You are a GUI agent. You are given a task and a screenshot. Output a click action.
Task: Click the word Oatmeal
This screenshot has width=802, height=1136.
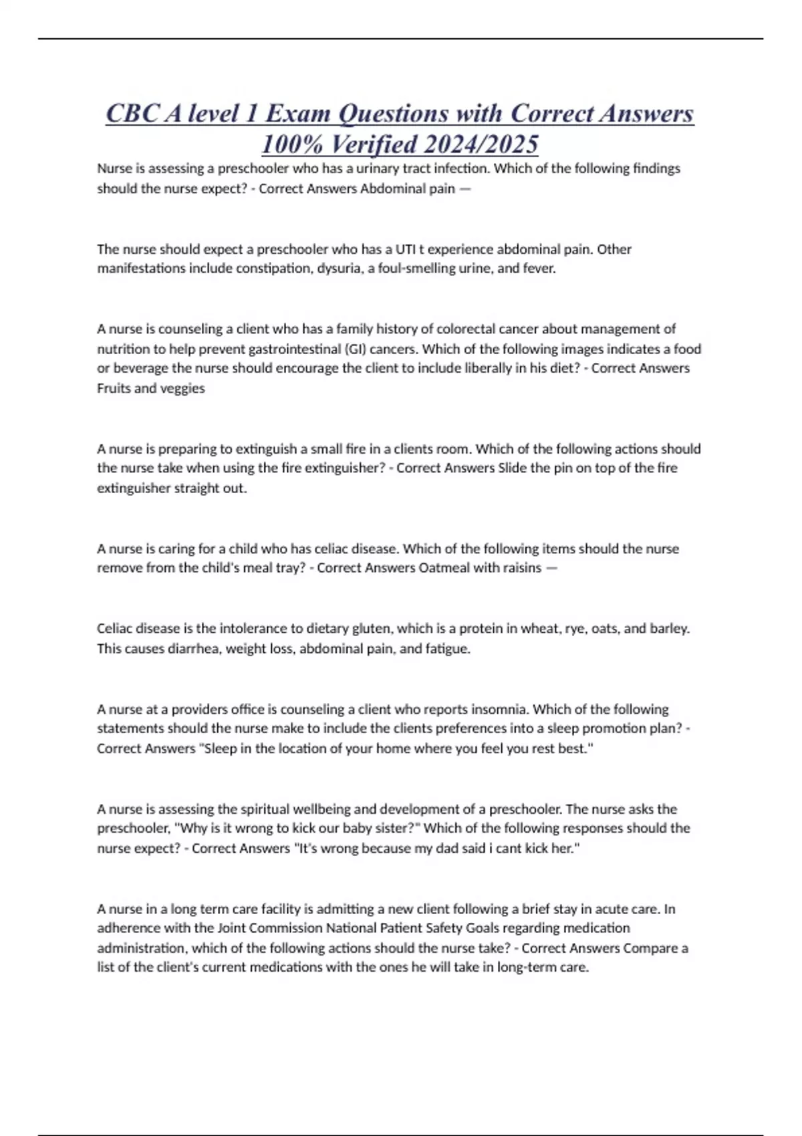[446, 568]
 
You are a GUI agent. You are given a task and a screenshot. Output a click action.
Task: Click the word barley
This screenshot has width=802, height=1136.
[669, 629]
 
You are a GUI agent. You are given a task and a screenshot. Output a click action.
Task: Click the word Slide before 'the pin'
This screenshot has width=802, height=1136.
[513, 468]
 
